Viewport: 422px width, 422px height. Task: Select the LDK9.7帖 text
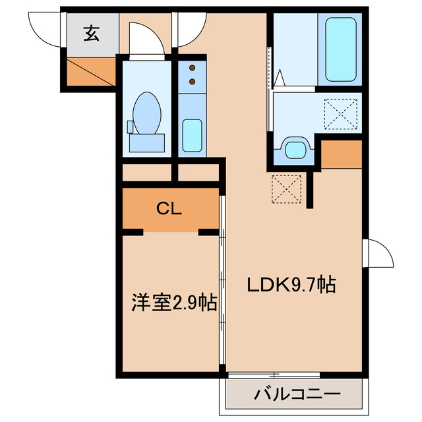291,285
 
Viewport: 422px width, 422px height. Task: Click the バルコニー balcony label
297,396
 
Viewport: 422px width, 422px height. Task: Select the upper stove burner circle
193,67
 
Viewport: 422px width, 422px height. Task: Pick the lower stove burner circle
193,81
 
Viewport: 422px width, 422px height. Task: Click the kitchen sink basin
192,135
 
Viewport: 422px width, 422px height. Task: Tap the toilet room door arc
145,38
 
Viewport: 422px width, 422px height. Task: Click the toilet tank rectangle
146,141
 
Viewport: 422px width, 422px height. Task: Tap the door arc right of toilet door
189,28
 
